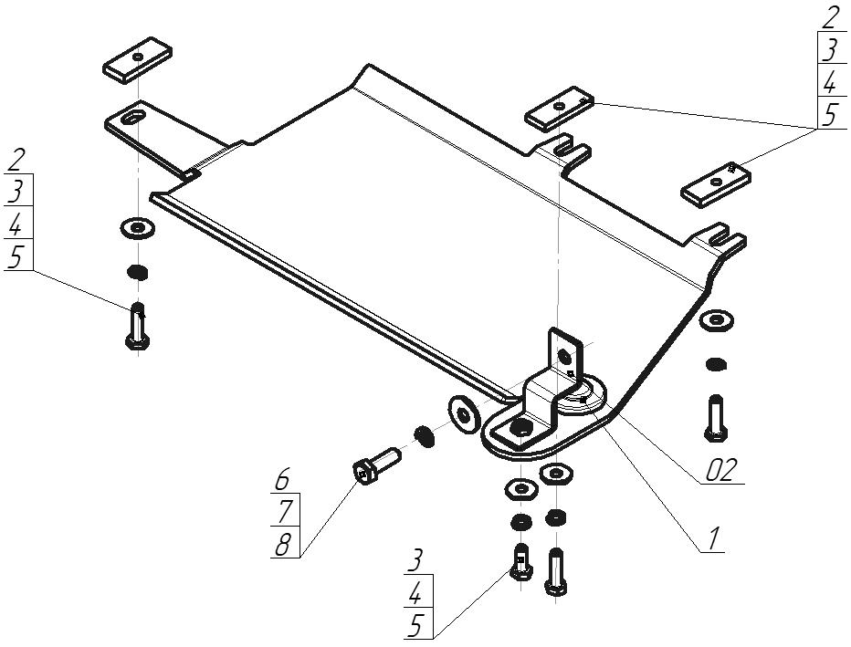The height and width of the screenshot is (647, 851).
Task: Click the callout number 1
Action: click(x=714, y=538)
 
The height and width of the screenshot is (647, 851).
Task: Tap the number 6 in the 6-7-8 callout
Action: click(x=283, y=479)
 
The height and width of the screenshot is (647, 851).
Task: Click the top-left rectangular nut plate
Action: click(x=138, y=59)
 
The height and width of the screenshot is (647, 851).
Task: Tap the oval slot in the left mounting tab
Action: click(x=133, y=117)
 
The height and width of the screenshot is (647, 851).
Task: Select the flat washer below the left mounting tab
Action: click(x=137, y=228)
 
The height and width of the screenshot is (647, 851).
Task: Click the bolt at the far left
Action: click(x=138, y=326)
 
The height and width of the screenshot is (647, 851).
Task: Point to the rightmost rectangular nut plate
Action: click(x=717, y=184)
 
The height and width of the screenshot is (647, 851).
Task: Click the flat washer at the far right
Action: click(x=717, y=320)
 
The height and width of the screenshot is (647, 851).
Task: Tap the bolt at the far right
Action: click(x=716, y=417)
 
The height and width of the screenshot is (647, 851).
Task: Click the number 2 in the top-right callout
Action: click(x=830, y=17)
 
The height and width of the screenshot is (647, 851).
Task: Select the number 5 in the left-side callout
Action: click(x=16, y=257)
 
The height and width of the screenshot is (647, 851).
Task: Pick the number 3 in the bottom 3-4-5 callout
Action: click(x=415, y=561)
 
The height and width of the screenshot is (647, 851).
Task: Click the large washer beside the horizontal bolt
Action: click(x=464, y=415)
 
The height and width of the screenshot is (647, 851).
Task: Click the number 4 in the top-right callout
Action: click(x=830, y=82)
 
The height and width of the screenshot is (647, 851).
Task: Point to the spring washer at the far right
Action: click(x=717, y=364)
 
